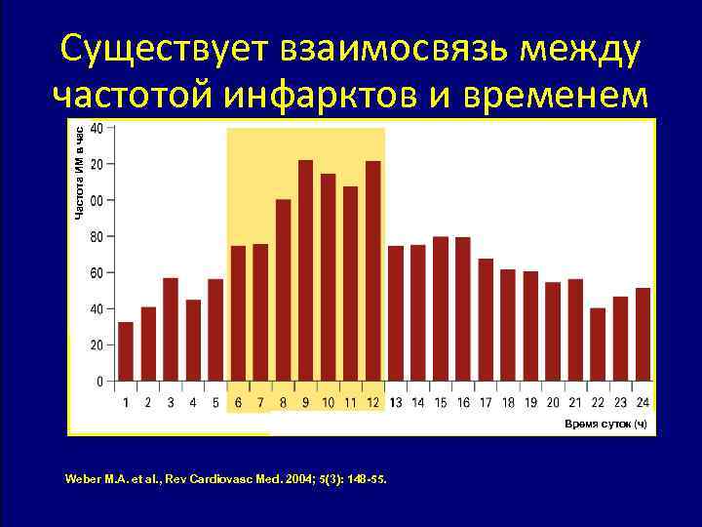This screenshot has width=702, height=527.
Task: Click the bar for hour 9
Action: point(305,270)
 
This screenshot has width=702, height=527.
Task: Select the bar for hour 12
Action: point(372,270)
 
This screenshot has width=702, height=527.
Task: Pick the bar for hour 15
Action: point(441,308)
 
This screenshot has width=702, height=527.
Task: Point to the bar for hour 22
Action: point(598,345)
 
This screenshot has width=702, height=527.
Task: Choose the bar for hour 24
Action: point(643,334)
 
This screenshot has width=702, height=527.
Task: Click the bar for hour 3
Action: point(171,329)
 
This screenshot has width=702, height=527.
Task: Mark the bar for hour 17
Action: point(486,319)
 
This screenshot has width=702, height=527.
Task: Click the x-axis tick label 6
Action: point(239,402)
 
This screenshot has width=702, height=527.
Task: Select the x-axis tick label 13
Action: point(396,402)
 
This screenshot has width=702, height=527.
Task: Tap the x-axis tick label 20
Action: point(553,402)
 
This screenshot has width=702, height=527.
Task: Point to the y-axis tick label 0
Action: point(98,382)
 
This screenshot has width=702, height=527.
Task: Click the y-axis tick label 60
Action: point(96,273)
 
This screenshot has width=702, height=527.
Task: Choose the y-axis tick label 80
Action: point(96,236)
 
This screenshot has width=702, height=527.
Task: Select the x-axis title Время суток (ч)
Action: point(604,424)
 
